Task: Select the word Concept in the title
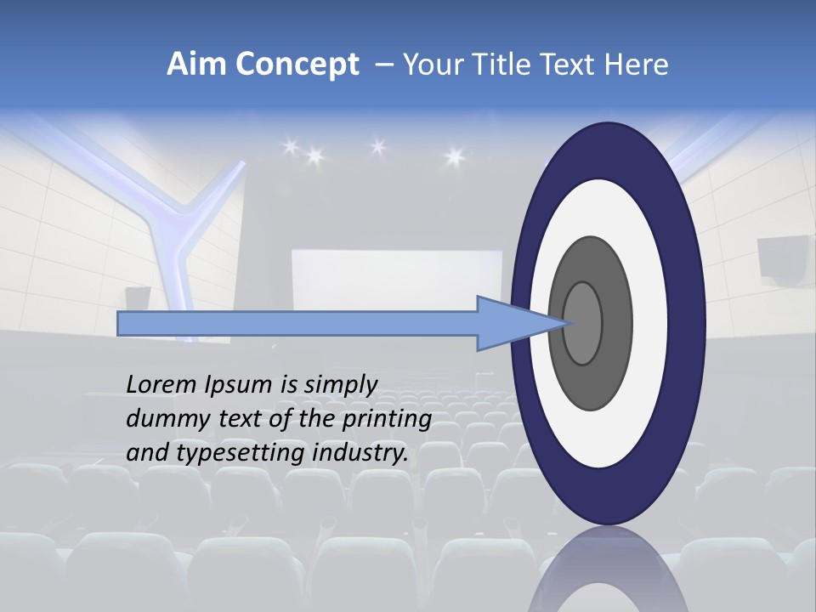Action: click(297, 64)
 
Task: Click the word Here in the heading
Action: click(637, 64)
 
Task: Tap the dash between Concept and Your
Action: click(383, 65)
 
